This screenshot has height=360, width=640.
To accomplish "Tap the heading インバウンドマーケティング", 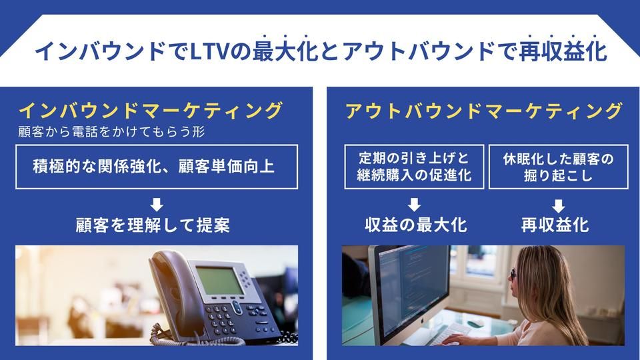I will click(151, 110).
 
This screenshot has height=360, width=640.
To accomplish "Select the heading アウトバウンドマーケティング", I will click(484, 110).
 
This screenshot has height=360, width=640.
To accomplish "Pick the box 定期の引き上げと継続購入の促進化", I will click(414, 166).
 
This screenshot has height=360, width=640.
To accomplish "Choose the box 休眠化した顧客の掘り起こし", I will click(558, 166).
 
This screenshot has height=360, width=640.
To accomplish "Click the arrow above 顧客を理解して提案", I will click(157, 205).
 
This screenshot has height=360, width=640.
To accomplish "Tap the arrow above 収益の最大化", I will click(414, 205).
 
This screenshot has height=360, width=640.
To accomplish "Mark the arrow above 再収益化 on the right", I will click(558, 205).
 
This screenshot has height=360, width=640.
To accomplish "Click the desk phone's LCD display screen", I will click(218, 281).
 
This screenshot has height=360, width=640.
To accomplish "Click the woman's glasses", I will click(513, 274).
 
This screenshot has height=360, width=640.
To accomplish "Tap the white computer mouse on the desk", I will click(475, 323).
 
